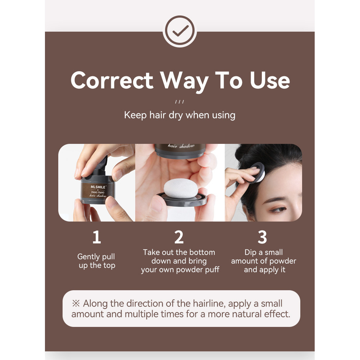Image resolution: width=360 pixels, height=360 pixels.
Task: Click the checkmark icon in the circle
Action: (179, 32)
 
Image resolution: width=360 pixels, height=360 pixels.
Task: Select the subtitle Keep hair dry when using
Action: (179, 115)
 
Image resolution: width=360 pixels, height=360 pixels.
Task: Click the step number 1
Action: (96, 237)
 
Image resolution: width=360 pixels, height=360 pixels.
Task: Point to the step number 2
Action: (179, 237)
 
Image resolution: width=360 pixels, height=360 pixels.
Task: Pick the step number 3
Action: (263, 237)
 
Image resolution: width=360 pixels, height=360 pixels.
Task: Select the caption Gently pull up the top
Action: (96, 261)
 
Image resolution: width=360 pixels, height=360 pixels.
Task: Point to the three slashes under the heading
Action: (179, 102)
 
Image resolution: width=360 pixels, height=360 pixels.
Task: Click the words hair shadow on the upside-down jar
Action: (182, 147)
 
